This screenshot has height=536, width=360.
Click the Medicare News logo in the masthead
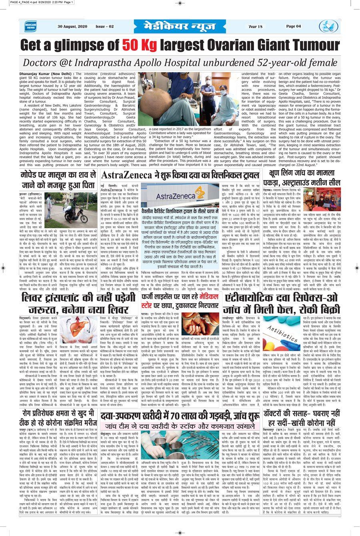(30, 26)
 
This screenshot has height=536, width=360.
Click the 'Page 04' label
(293, 26)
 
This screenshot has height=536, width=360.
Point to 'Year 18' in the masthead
(255, 26)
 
